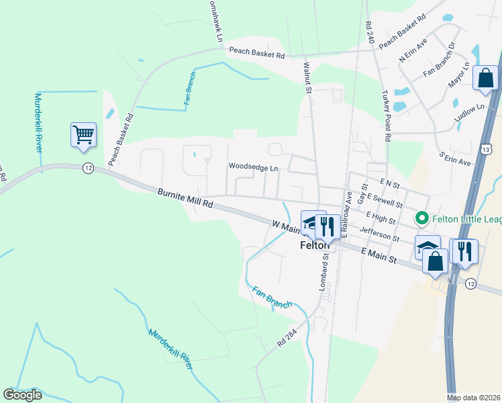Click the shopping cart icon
point(84,134)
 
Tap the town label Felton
point(313,246)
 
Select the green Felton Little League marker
point(421,218)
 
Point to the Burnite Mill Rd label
point(185,197)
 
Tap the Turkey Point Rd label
point(387,116)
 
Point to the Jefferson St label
point(379,234)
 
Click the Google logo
point(22,395)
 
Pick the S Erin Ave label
point(455,158)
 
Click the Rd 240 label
point(368,33)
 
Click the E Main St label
point(379,255)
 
